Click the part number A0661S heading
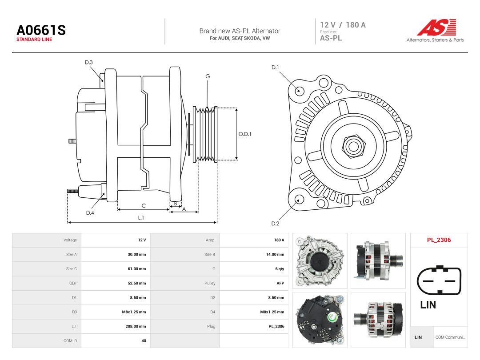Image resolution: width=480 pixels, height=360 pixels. pyautogui.click(x=41, y=30)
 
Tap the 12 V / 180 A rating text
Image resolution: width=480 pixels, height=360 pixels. pyautogui.click(x=343, y=25)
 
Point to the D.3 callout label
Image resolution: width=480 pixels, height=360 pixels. pyautogui.click(x=89, y=62)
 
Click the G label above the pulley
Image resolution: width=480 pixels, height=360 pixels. pyautogui.click(x=208, y=76)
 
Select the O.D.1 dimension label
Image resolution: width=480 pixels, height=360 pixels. pyautogui.click(x=245, y=134)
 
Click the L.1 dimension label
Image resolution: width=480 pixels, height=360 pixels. pyautogui.click(x=141, y=218)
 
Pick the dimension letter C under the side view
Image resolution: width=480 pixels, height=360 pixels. pyautogui.click(x=144, y=206)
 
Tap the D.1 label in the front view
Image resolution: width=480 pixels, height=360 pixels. pyautogui.click(x=275, y=67)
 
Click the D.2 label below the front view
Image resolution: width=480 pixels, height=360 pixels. pyautogui.click(x=275, y=224)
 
